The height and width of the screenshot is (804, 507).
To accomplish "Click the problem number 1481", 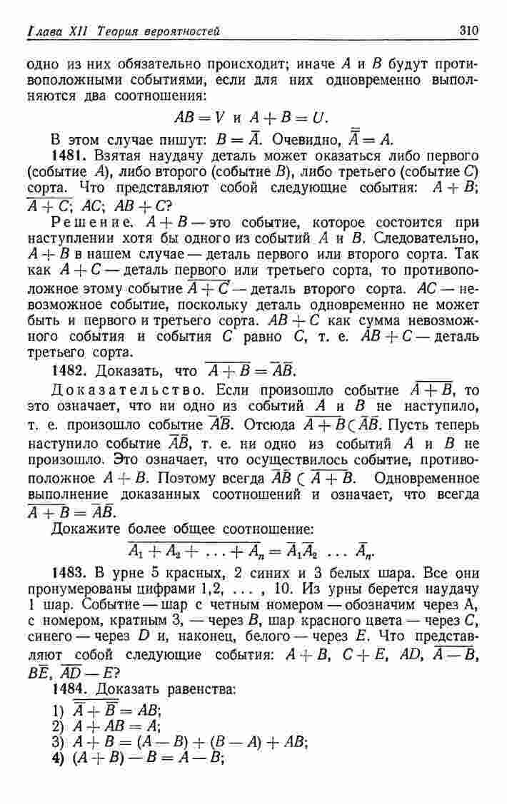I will click(x=66, y=154).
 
